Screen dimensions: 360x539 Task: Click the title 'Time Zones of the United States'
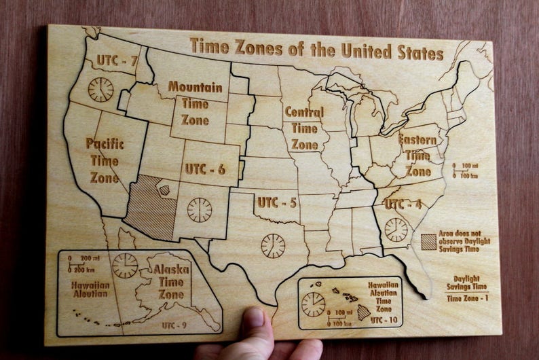pyautogui.click(x=316, y=49)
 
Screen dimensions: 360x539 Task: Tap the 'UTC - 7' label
pyautogui.click(x=117, y=60)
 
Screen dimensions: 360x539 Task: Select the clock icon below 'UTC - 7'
pyautogui.click(x=100, y=90)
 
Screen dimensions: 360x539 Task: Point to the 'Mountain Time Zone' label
pyautogui.click(x=195, y=103)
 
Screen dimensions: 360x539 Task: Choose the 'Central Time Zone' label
pyautogui.click(x=303, y=128)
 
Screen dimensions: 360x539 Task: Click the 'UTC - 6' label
pyautogui.click(x=205, y=169)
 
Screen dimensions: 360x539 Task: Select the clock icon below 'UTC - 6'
pyautogui.click(x=200, y=209)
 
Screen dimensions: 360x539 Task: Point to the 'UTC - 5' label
pyautogui.click(x=277, y=202)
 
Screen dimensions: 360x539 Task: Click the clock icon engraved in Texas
pyautogui.click(x=273, y=245)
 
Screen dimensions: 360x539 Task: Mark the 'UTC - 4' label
pyautogui.click(x=403, y=204)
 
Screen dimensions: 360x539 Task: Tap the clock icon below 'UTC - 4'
pyautogui.click(x=396, y=230)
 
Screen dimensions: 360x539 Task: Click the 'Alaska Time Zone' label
pyautogui.click(x=171, y=281)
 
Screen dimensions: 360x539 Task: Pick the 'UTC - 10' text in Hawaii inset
pyautogui.click(x=384, y=319)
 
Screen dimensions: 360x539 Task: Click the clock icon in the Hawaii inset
pyautogui.click(x=313, y=304)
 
